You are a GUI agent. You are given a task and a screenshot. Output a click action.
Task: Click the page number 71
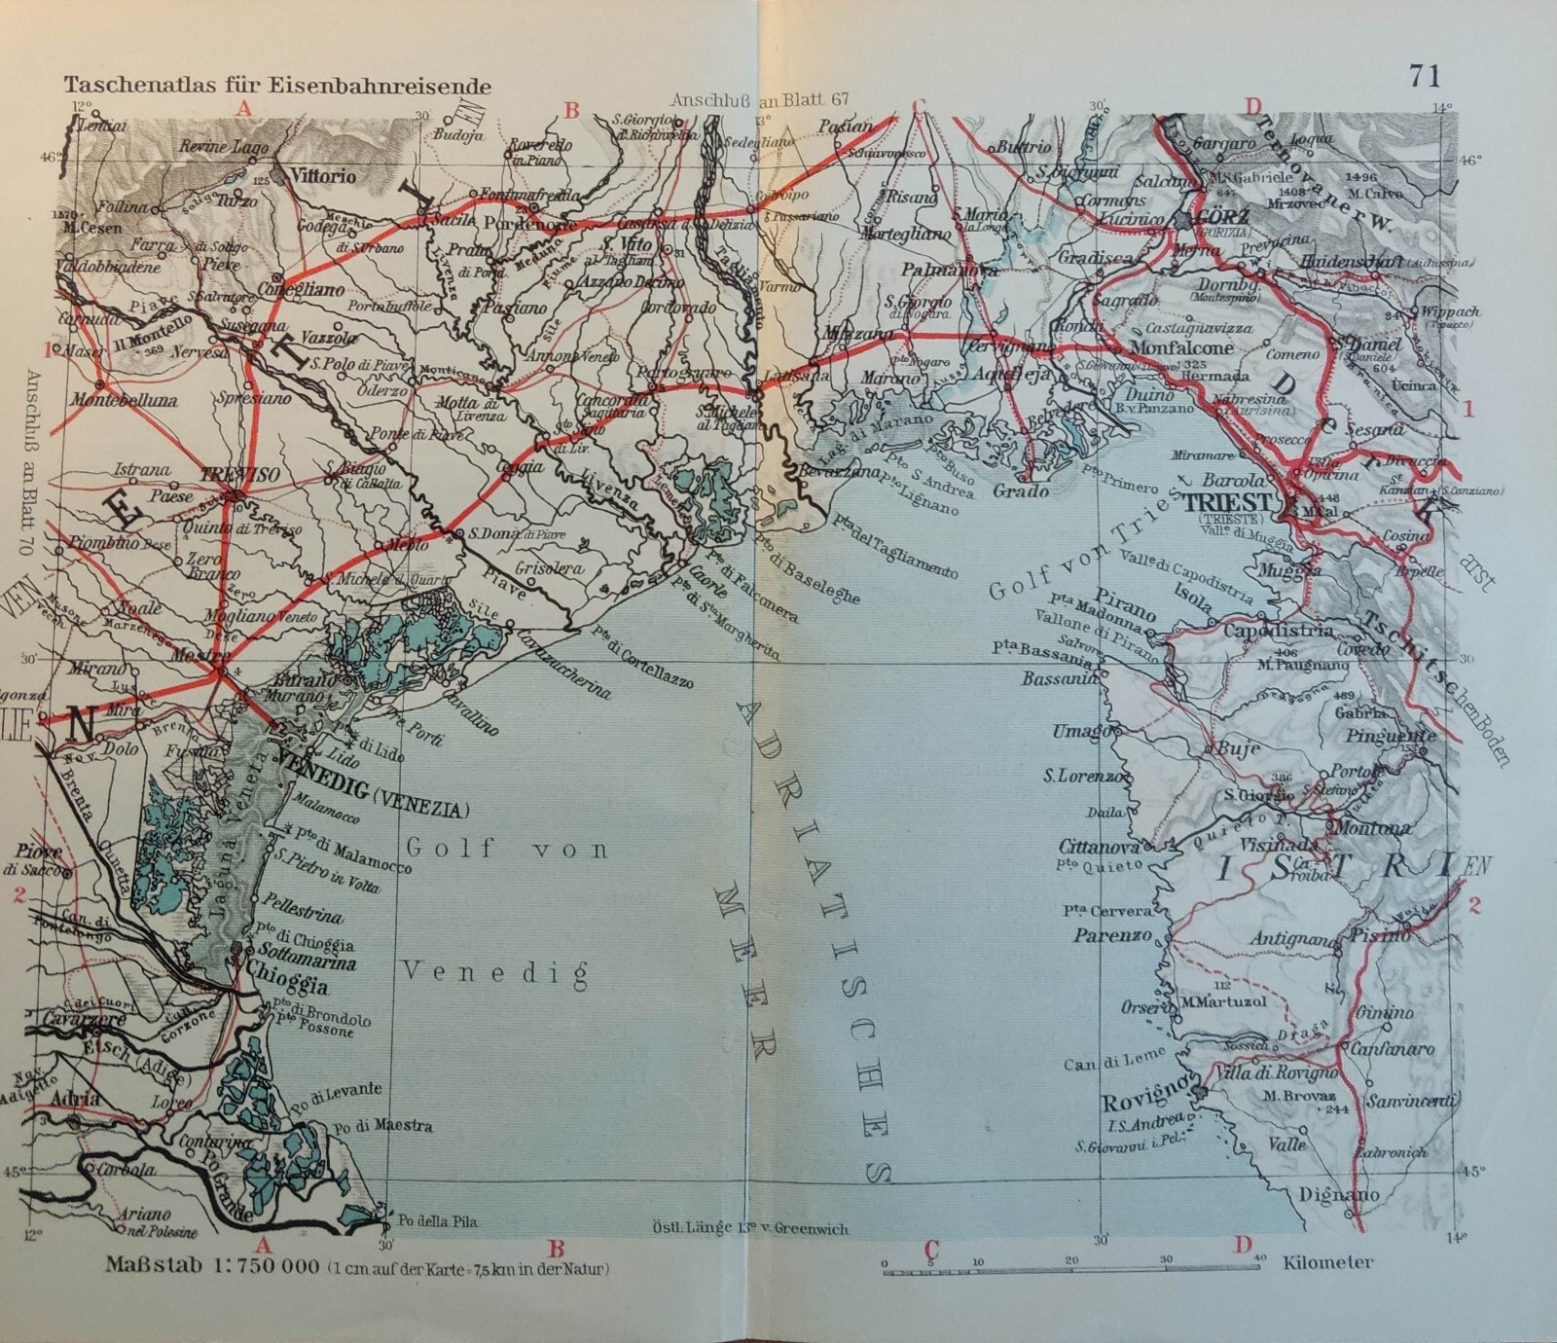(1424, 75)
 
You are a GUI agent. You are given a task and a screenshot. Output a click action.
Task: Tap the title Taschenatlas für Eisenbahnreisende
(277, 86)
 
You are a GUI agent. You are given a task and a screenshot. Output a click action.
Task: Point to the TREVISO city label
(240, 474)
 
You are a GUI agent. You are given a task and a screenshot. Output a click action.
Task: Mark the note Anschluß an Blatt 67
(761, 99)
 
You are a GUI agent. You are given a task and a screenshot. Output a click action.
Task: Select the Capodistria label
(1280, 632)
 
